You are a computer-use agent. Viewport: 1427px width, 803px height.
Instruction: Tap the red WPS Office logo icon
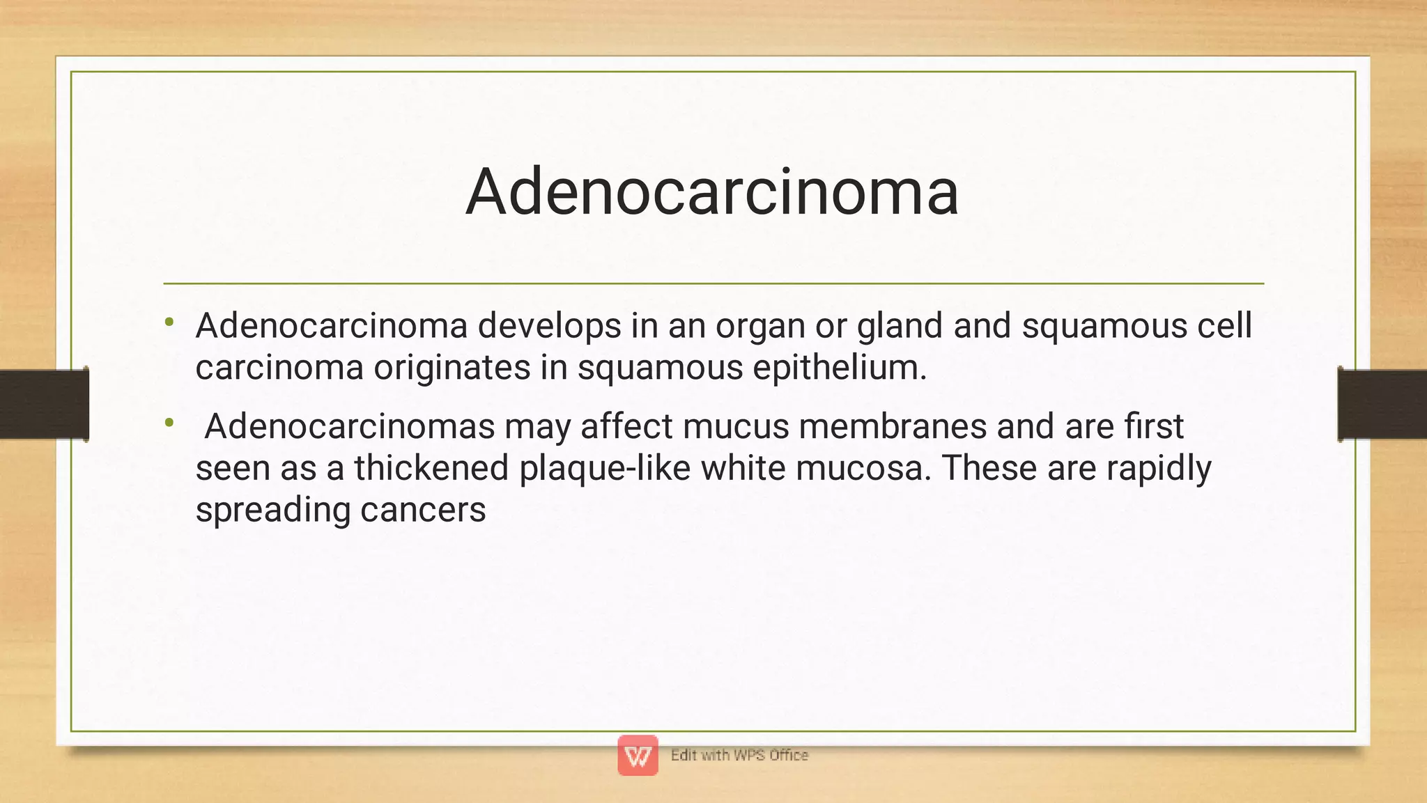[x=638, y=755]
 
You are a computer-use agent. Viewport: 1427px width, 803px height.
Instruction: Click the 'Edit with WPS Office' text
[x=739, y=756]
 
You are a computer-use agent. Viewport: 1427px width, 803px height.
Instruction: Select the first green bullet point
[x=169, y=322]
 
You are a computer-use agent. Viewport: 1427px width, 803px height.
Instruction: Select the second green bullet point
[x=169, y=422]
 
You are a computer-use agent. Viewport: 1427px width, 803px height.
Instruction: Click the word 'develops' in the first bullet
[x=549, y=326]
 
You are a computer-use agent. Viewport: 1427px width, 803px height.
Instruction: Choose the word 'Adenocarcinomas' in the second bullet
[x=350, y=426]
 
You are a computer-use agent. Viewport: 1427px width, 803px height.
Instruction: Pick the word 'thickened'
[x=431, y=468]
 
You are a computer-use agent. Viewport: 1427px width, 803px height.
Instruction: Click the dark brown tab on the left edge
[x=44, y=404]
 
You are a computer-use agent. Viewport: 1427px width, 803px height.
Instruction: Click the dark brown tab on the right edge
[x=1382, y=404]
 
